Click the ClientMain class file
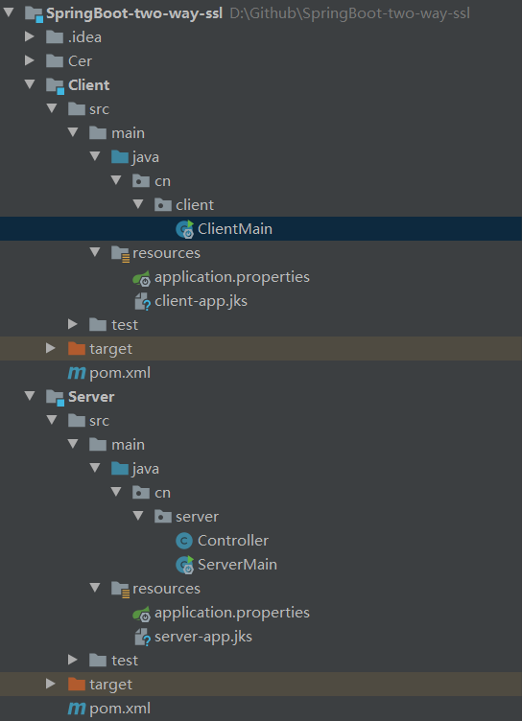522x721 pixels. (x=235, y=229)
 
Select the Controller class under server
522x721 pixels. (x=233, y=541)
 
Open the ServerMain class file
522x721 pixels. (x=238, y=565)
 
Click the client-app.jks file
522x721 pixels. (x=201, y=301)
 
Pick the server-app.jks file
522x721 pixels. (x=203, y=637)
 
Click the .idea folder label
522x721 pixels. (x=84, y=37)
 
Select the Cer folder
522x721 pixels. (x=80, y=61)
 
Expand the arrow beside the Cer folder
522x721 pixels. (x=30, y=60)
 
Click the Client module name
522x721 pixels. (x=89, y=85)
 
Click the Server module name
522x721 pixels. (x=91, y=397)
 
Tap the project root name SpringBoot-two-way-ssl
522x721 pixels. (x=134, y=13)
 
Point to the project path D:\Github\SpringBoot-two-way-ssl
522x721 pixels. (x=350, y=13)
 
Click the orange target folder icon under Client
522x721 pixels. (x=77, y=349)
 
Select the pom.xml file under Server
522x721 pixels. (x=120, y=709)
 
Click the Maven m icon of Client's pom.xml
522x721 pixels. (x=77, y=373)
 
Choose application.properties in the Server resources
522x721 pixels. (x=232, y=613)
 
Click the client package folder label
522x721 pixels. (x=195, y=205)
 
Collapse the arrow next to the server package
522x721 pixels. (x=138, y=516)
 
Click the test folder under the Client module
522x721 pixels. (x=125, y=325)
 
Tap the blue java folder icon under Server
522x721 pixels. (x=120, y=469)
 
